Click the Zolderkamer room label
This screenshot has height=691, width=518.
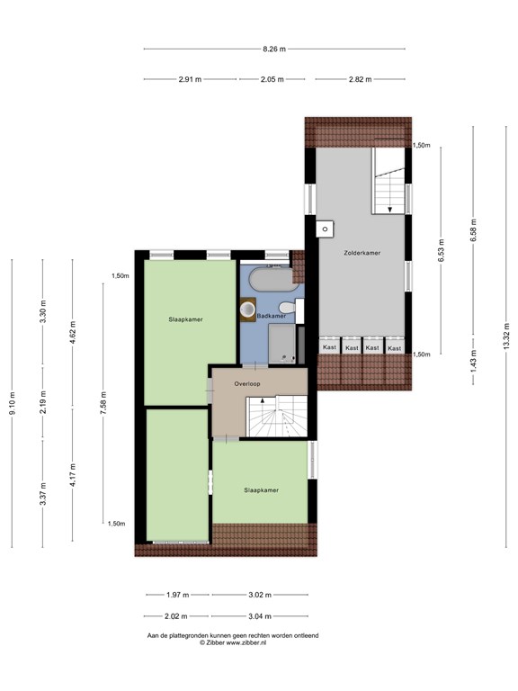pos(362,253)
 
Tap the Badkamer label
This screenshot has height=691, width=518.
pos(272,316)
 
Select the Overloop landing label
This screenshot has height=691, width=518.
pos(247,384)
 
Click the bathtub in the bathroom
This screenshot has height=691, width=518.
pos(274,280)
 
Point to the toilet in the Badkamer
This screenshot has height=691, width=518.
pos(287,308)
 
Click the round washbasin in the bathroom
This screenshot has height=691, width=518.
pos(248,310)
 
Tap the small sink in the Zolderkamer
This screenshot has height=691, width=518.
pos(325,229)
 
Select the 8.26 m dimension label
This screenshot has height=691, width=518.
pos(274,49)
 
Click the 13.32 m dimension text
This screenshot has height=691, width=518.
pos(506,337)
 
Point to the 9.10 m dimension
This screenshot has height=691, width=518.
pos(13,403)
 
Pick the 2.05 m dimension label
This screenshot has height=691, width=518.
pos(272,79)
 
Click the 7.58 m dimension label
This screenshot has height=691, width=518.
pos(103,403)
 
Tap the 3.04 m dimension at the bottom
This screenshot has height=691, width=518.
pos(259,616)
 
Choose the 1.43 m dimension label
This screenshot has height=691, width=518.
pos(474,362)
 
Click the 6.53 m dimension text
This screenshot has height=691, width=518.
pos(441,251)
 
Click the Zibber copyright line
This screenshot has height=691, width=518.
pos(233,642)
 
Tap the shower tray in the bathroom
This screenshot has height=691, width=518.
pos(281,344)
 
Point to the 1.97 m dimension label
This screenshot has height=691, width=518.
pos(177,595)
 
